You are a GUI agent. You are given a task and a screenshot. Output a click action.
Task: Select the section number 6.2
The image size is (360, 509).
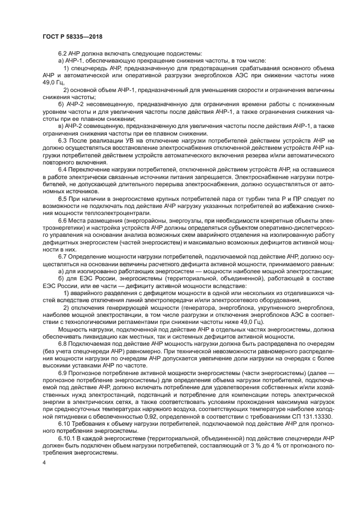62,53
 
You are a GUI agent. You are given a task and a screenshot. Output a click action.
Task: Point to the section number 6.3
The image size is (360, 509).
62,140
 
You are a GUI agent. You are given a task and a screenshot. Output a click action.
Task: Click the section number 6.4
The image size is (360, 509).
62,170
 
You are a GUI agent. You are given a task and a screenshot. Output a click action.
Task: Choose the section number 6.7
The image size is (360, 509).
62,255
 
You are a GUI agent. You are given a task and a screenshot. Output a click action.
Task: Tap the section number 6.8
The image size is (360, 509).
62,345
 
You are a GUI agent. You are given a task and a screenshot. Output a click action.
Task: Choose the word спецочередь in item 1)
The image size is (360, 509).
88,68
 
